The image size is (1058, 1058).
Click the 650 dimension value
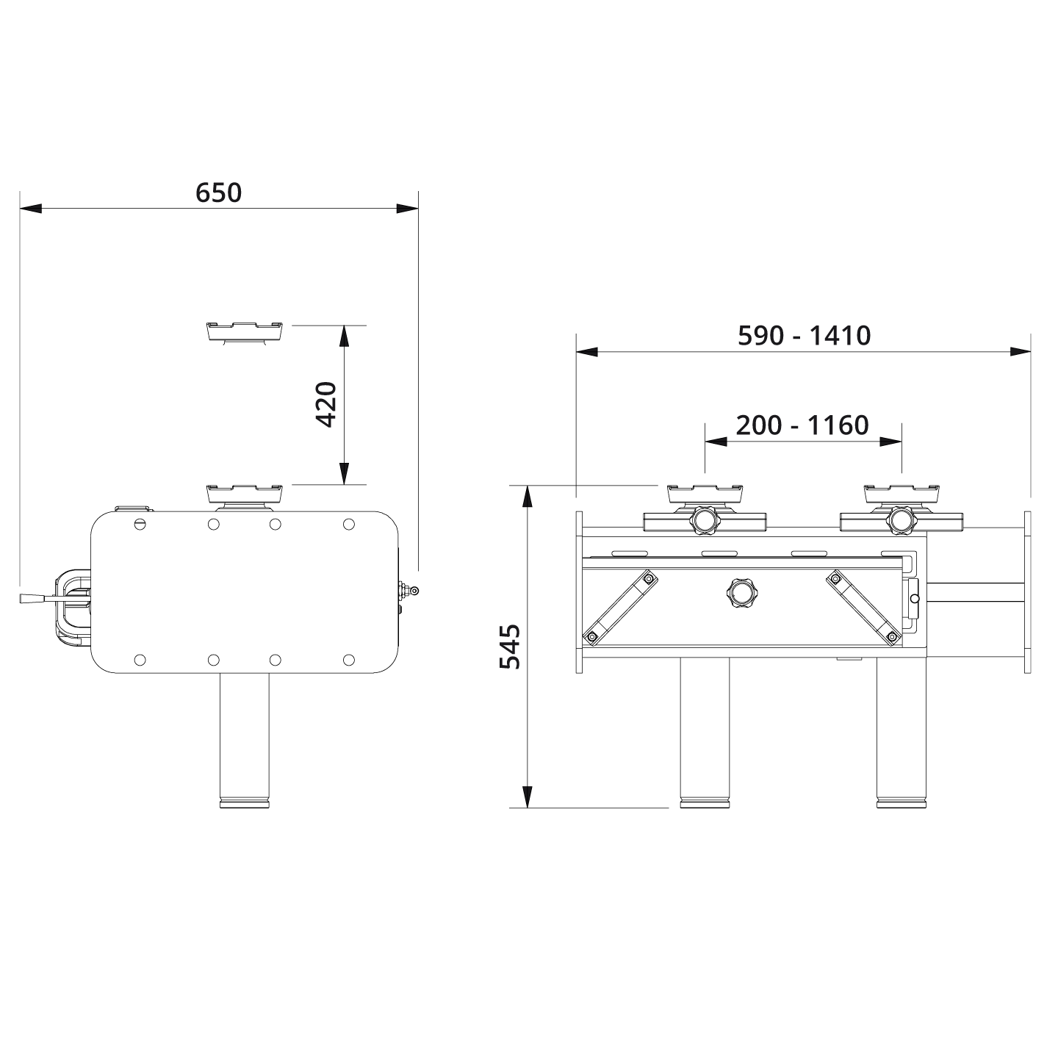(x=218, y=192)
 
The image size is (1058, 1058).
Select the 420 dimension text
(x=326, y=404)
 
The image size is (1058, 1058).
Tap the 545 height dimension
(x=510, y=647)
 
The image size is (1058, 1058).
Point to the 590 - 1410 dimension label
(x=804, y=336)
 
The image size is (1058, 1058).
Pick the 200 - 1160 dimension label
(x=802, y=425)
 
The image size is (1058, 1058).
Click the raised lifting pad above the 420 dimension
(x=245, y=331)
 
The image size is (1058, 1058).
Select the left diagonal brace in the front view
(x=619, y=607)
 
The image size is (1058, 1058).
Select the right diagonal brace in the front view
(x=863, y=607)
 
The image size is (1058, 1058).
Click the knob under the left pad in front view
(x=704, y=521)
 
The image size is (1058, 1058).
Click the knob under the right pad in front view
(x=901, y=521)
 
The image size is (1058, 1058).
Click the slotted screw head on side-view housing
(x=141, y=524)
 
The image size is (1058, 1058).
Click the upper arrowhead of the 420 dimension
(x=343, y=335)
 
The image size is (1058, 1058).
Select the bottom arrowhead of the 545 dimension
(x=527, y=796)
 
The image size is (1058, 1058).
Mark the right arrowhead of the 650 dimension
(x=407, y=209)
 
